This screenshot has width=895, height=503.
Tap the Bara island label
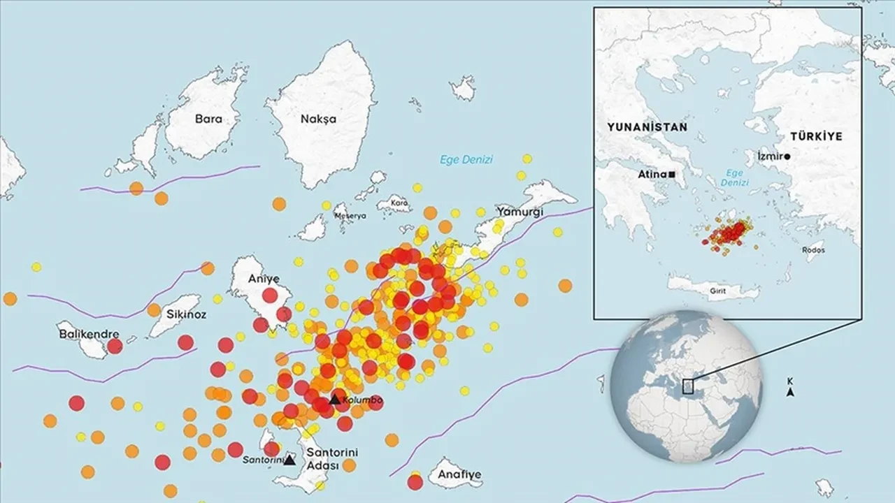pos(208,119)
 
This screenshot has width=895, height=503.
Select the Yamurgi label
pos(520,211)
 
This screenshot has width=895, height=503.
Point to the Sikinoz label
pos(187,314)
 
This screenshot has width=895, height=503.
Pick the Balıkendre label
pos(88,335)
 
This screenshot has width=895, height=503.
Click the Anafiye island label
pos(459,475)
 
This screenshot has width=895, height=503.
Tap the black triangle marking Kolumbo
pos(335,400)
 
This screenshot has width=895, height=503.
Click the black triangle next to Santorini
pos(289,460)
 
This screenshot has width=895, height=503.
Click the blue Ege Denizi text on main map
pos(466,159)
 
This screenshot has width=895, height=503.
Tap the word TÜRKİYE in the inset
pos(817,136)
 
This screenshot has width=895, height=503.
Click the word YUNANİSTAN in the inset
pos(647,127)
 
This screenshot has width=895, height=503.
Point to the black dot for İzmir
pos(787,156)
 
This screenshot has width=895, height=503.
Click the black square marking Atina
pos(672,173)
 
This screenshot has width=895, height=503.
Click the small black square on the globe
pos(687,386)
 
